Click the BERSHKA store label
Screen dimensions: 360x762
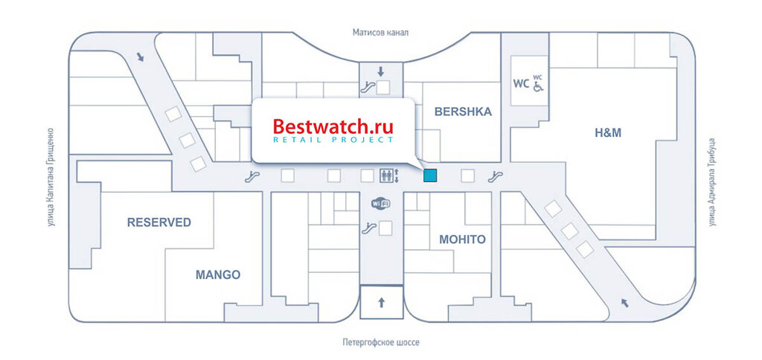[x=462, y=112]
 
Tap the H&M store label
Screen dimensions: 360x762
[x=607, y=133]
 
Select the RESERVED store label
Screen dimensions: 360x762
[x=159, y=222]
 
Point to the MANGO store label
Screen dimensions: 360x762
[x=218, y=274]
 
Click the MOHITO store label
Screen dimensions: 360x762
[x=462, y=240]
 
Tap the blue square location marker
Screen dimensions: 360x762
[x=430, y=176]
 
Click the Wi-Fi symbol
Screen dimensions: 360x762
[x=380, y=203]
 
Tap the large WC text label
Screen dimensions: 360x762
[x=519, y=83]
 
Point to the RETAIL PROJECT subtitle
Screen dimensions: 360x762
[x=333, y=140]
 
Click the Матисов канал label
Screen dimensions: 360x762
[x=381, y=33]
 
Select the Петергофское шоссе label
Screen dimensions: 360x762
[x=381, y=342]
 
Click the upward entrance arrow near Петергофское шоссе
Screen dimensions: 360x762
[x=381, y=302]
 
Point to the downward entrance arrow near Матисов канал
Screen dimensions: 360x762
[x=380, y=72]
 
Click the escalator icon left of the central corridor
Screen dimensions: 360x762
[x=254, y=176]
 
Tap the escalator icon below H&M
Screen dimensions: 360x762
[x=493, y=177]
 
